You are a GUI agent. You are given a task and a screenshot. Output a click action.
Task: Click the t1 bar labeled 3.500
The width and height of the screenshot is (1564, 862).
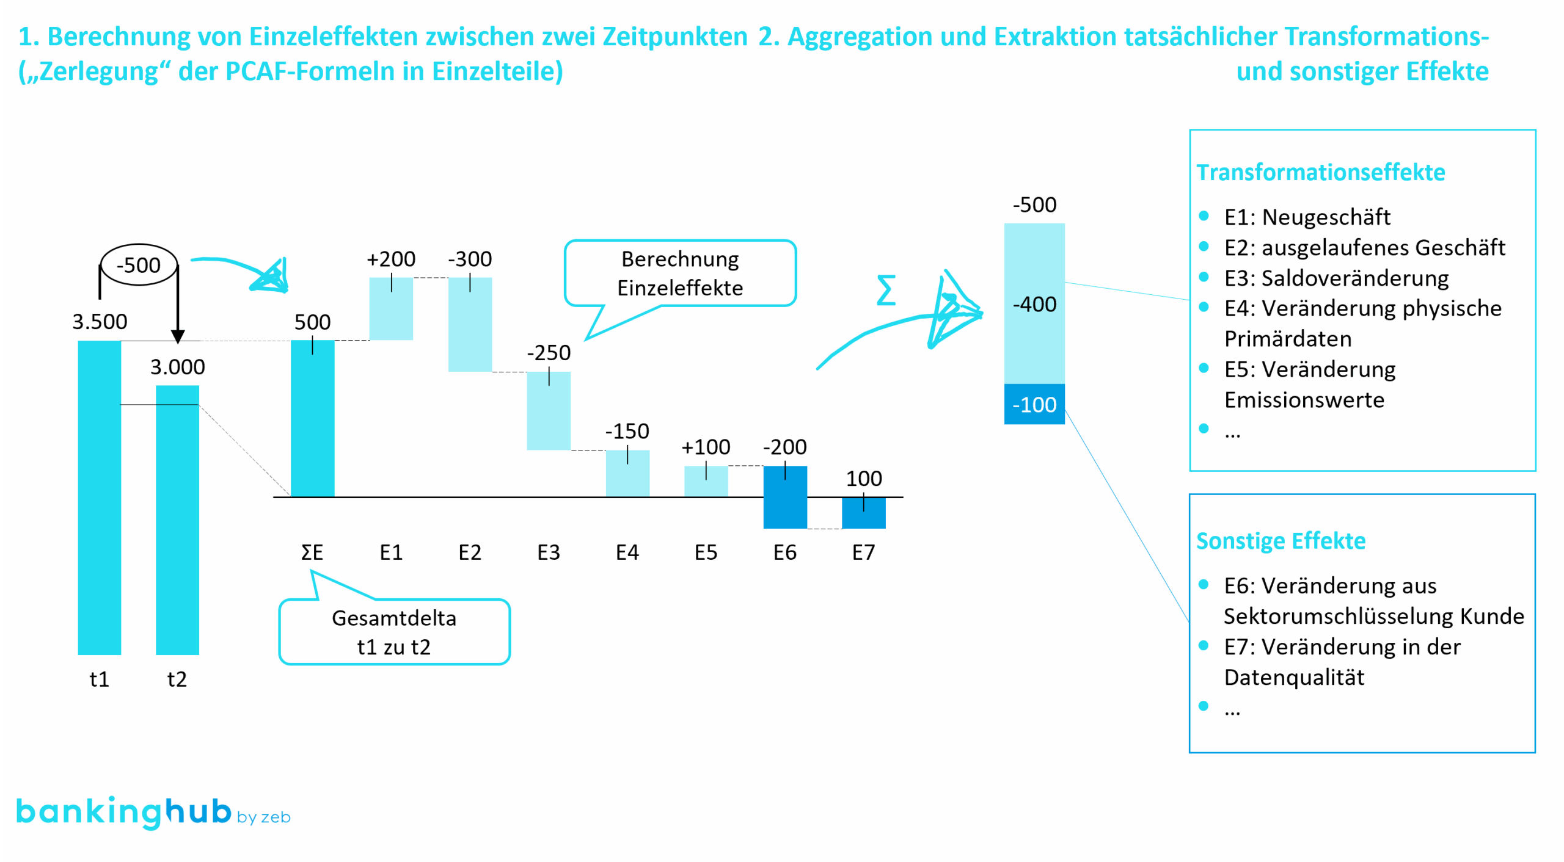tap(99, 497)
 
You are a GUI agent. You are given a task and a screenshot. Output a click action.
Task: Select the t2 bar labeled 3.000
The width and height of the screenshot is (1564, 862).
tap(177, 519)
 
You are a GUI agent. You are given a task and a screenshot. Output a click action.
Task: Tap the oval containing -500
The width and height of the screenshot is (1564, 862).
tap(139, 265)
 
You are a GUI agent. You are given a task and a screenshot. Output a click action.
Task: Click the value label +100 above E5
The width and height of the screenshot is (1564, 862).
tap(706, 447)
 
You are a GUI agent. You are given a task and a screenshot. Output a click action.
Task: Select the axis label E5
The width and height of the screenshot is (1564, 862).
tap(706, 552)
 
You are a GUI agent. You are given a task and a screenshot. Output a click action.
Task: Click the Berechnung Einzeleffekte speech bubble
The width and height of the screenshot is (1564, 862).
tap(680, 273)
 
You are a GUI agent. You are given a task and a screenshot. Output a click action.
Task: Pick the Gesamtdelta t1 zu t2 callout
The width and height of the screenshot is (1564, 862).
tap(394, 632)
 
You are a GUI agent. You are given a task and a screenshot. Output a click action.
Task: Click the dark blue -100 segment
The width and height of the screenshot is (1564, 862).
tap(1034, 404)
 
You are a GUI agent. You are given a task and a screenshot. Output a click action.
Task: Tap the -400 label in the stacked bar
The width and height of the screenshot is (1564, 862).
tap(1034, 304)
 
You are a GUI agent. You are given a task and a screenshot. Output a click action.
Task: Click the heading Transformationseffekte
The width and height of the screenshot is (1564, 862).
tap(1320, 172)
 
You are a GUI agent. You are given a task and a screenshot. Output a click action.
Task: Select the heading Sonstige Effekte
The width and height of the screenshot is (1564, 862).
tap(1281, 541)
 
